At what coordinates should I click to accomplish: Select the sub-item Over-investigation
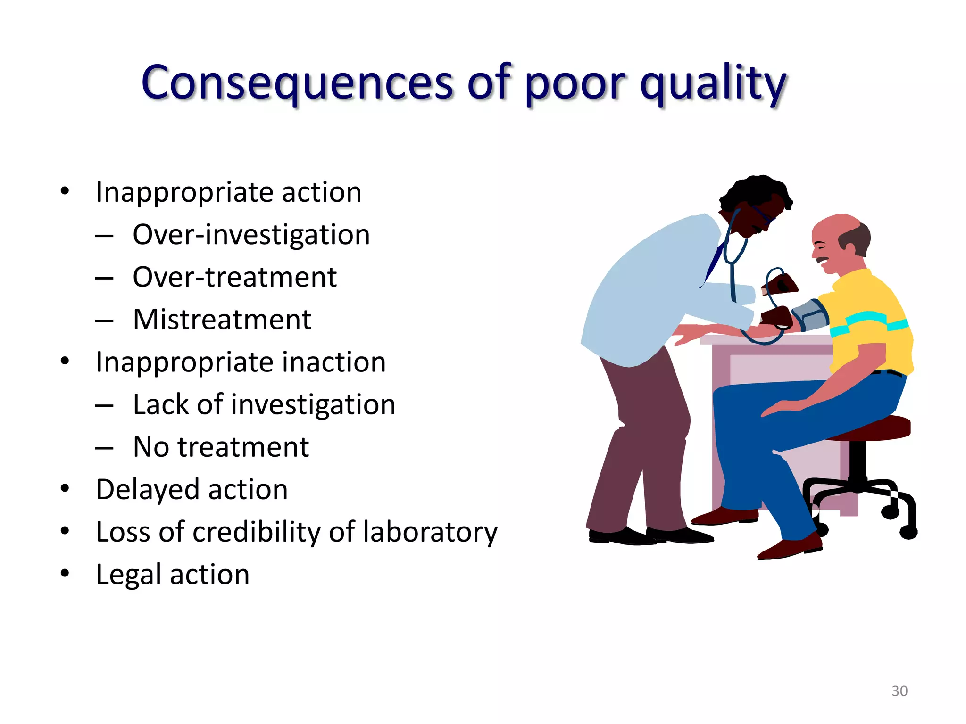point(251,235)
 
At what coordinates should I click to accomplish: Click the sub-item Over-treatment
point(234,277)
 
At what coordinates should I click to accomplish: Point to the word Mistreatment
point(222,320)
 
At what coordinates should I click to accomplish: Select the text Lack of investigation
point(264,404)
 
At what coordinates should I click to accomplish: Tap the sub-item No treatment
point(221,447)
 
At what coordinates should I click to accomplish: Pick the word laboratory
point(430,532)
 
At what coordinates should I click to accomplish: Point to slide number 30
point(899,691)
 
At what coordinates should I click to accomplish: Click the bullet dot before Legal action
point(65,573)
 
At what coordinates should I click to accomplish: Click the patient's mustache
point(823,260)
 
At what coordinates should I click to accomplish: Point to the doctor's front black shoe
point(679,535)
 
